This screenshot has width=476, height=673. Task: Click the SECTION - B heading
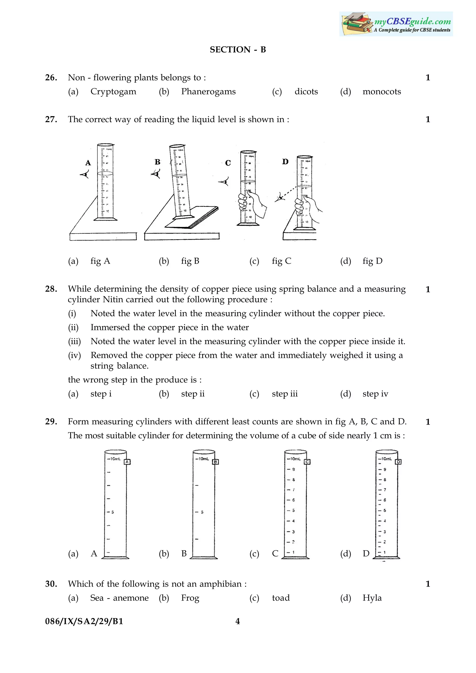pos(238,49)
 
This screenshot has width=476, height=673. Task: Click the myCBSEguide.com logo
pos(396,24)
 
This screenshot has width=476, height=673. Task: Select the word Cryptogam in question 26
pos(113,91)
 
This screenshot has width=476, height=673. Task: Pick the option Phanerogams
pos(208,91)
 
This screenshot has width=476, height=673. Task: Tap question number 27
pos(51,119)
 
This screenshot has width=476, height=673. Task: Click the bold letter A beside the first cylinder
pos(88,163)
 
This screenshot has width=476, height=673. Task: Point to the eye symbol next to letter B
pos(156,175)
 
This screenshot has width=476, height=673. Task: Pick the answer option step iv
pos(375,394)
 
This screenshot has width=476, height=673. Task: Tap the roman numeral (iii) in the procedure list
pos(75,341)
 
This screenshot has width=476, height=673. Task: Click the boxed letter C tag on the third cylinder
pos(307,462)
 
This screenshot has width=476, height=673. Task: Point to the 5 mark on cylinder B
pos(202,512)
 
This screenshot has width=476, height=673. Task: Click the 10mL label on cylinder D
pos(386,459)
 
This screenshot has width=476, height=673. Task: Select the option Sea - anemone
pos(119,598)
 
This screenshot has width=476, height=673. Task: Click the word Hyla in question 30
pos(372,598)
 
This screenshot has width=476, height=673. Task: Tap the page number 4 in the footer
pos(238,621)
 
